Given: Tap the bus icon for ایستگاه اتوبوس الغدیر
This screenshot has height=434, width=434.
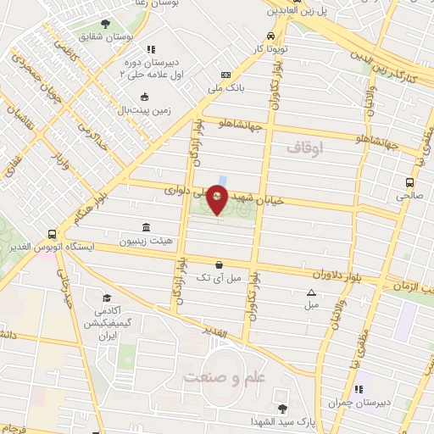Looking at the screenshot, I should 53,234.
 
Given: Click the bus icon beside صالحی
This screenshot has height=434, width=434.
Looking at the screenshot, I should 410,182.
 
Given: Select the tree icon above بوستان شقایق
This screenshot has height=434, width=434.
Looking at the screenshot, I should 106,24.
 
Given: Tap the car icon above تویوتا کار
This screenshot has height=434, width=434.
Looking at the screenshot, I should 269,36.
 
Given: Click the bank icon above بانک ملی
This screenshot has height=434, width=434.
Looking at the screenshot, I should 225,75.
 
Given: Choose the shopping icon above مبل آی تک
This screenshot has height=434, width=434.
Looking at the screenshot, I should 220,264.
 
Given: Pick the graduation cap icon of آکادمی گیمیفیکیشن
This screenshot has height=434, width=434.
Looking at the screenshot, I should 107,298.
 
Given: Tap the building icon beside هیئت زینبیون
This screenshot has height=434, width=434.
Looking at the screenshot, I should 147,228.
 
